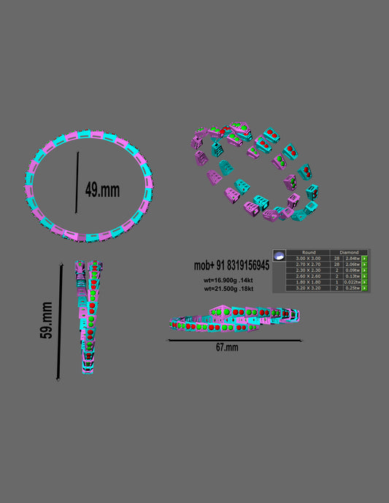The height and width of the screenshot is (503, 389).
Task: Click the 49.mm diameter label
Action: click(102, 190)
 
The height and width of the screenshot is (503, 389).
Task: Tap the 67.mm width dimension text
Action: click(227, 348)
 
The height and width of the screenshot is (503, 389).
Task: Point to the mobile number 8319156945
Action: click(231, 265)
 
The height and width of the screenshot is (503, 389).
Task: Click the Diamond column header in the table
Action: click(350, 252)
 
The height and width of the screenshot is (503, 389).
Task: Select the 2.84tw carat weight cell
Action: click(353, 258)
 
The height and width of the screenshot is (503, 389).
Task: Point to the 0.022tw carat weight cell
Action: click(353, 282)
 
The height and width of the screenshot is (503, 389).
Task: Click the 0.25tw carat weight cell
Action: click(353, 288)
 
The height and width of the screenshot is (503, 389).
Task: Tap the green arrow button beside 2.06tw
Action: click(364, 264)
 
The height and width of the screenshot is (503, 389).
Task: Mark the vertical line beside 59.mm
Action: click(58, 321)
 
